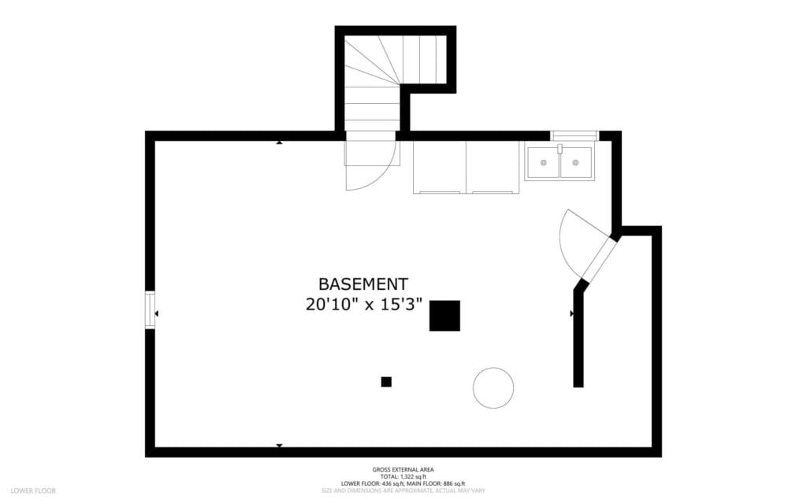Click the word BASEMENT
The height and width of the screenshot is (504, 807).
[x=363, y=283]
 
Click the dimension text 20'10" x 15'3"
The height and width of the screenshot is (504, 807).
[x=364, y=304]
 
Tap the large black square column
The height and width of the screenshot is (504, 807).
[x=444, y=316]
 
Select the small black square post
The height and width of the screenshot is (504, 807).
[x=386, y=382]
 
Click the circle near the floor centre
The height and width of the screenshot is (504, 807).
[x=493, y=387]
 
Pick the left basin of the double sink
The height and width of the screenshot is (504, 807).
[x=544, y=162]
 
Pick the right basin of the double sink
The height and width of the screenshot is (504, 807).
[x=576, y=162]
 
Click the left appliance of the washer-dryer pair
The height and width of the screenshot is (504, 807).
[x=439, y=167]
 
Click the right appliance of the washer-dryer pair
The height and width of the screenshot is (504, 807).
[x=493, y=167]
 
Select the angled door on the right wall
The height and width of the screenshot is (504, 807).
[x=597, y=258]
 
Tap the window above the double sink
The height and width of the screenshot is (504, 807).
[x=575, y=135]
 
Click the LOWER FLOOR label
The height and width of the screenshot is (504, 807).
[x=33, y=491]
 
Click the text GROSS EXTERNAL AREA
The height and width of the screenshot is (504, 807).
[x=403, y=469]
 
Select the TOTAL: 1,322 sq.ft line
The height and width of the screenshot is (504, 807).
[x=403, y=476]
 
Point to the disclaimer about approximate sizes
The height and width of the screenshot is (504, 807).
[x=403, y=491]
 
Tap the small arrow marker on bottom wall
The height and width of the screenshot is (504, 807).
[x=279, y=446]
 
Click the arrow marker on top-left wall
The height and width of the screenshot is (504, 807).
[x=279, y=143]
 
